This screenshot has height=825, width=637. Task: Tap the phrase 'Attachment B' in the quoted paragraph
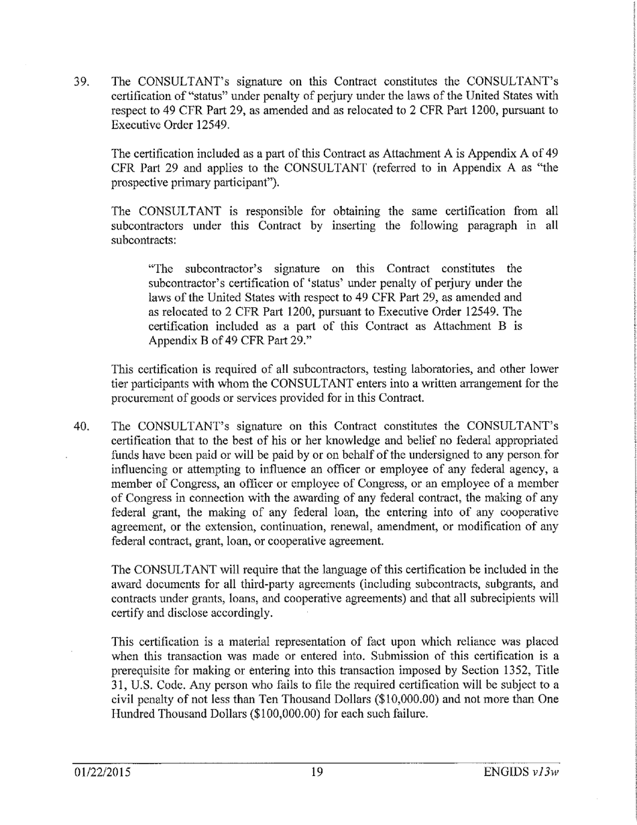pyautogui.click(x=479, y=325)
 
